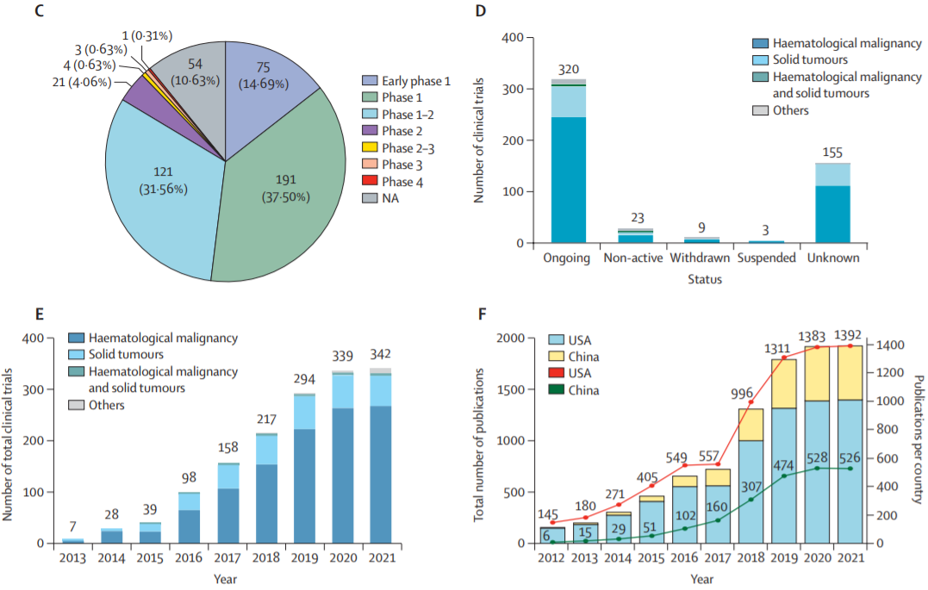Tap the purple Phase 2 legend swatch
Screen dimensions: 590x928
click(x=369, y=131)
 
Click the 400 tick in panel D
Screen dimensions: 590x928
click(x=512, y=38)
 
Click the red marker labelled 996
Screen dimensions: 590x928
click(x=750, y=402)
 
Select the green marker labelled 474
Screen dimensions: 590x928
click(x=783, y=475)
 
